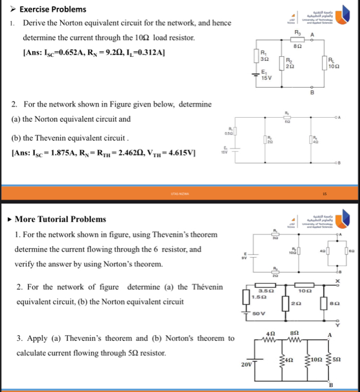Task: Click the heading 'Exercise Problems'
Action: pyautogui.click(x=52, y=9)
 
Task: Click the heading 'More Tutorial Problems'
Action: pyautogui.click(x=60, y=219)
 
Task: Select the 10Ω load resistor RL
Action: pyautogui.click(x=329, y=63)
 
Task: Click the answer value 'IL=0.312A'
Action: pyautogui.click(x=142, y=52)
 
